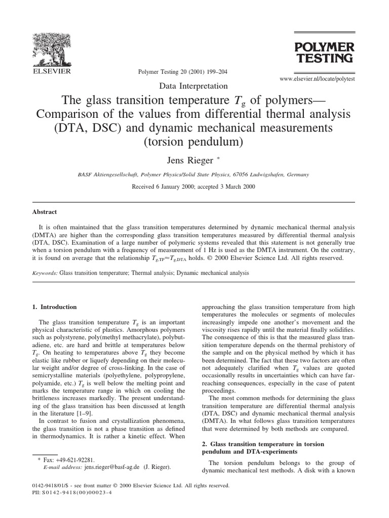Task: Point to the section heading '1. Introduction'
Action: pyautogui.click(x=59, y=307)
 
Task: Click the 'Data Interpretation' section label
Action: pyautogui.click(x=194, y=87)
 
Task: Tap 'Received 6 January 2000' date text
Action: pyautogui.click(x=160, y=186)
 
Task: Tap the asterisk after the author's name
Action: pyautogui.click(x=219, y=158)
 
